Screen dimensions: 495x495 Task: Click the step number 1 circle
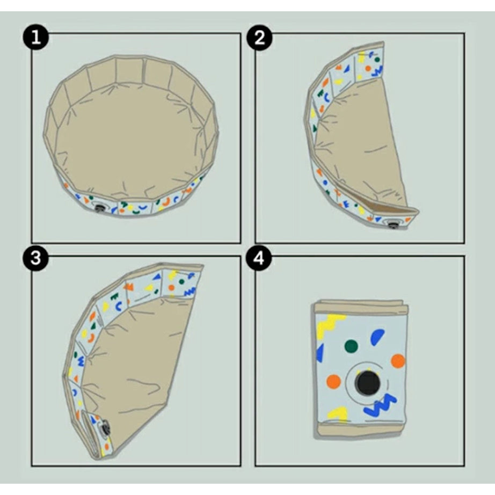pos(36,37)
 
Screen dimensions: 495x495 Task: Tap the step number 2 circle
pos(259,37)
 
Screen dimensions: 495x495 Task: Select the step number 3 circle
pos(36,258)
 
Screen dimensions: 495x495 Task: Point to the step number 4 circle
pos(259,258)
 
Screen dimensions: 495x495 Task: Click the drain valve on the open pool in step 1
pos(101,207)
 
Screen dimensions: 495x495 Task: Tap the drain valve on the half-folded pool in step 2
pos(393,225)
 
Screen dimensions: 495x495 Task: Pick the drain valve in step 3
pos(104,428)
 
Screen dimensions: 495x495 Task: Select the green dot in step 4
pos(351,346)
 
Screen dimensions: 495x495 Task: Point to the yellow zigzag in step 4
pos(329,326)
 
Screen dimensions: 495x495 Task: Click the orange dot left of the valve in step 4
pos(334,382)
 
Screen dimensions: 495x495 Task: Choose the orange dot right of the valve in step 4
pos(398,361)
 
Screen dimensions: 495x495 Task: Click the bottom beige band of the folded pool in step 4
pos(360,430)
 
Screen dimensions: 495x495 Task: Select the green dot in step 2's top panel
pos(377,60)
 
